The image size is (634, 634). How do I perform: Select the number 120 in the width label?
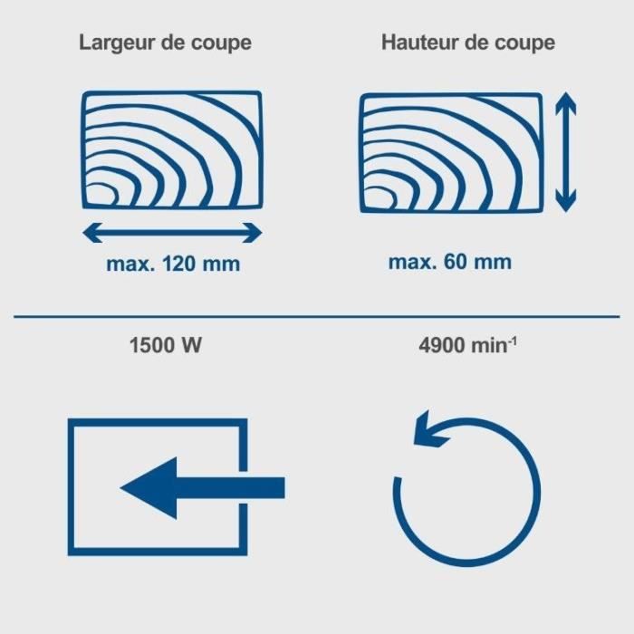[179, 264]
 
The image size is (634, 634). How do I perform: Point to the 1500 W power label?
[165, 346]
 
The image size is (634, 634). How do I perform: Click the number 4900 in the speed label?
[442, 346]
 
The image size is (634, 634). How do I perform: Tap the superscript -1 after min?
[513, 341]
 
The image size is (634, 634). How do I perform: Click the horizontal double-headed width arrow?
[172, 233]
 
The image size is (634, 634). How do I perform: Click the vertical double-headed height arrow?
[566, 152]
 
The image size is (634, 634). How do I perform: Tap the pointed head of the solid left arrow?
[149, 488]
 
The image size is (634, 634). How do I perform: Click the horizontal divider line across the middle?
[317, 317]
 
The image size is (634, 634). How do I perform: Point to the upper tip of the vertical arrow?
[566, 92]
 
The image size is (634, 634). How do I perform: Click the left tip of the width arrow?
[83, 233]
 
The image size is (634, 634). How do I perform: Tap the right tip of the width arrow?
[262, 233]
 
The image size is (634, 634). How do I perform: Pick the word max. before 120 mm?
[130, 264]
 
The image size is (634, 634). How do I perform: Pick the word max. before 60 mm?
[412, 263]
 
